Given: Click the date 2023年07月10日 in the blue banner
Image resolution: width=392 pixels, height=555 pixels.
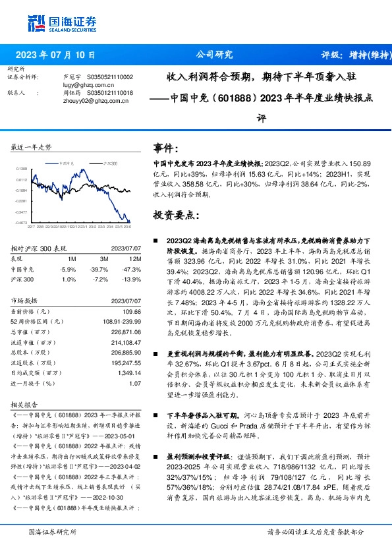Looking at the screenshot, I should (55, 56).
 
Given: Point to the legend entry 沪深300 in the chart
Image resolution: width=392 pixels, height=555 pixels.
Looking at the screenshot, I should (109, 162).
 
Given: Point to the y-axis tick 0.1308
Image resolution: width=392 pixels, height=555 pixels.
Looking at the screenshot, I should (21, 169).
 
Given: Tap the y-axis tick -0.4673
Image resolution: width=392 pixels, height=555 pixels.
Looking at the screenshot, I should (21, 223).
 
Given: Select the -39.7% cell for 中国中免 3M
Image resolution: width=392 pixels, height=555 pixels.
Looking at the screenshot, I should (98, 270).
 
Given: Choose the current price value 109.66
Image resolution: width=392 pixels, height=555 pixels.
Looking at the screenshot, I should (132, 311).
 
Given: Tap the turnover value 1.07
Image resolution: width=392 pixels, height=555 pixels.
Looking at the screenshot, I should (134, 382).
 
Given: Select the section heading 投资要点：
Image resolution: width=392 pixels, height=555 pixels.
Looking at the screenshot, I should (175, 215).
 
